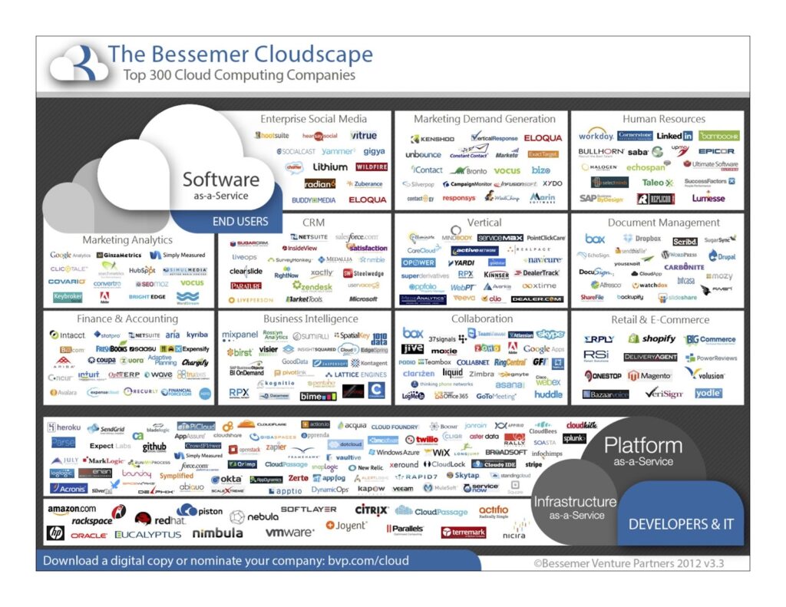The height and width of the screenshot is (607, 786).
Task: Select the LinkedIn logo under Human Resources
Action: point(674,136)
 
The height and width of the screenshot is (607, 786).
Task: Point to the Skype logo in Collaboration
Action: point(550,334)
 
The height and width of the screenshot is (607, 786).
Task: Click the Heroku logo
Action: point(64,427)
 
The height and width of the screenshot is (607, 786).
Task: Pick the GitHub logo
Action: point(154,447)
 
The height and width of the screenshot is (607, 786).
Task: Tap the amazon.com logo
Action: point(72,509)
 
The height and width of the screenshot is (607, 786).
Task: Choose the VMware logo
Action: point(289,532)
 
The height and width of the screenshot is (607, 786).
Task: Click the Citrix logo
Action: point(371,510)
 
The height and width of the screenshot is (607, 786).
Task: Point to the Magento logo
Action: point(649,375)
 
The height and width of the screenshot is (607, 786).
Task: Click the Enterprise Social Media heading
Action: point(313,119)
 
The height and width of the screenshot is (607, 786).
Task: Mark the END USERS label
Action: point(240,221)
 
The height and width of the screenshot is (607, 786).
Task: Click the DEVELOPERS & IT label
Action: point(680,525)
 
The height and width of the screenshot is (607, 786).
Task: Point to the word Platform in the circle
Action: point(642,445)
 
